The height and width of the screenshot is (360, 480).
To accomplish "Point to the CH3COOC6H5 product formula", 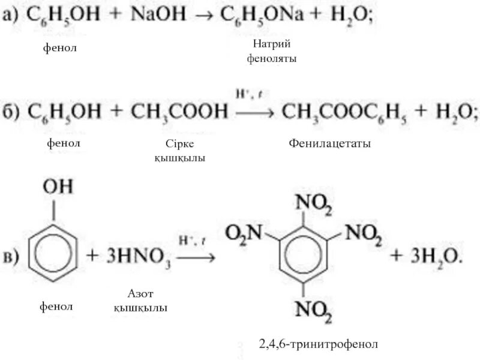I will pos(340,112).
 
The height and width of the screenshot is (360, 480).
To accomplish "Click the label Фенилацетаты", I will pos(329,144).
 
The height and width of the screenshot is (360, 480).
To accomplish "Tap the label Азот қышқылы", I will pos(140,301).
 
